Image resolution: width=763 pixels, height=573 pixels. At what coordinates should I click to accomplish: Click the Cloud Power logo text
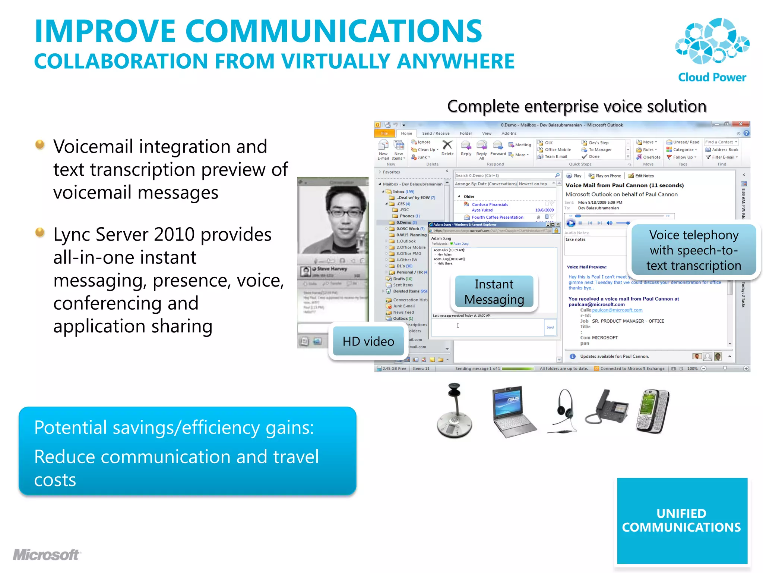point(712,77)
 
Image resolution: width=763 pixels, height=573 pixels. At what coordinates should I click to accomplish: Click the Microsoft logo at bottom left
point(46,555)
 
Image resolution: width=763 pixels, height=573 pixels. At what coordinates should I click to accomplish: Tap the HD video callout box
point(368,341)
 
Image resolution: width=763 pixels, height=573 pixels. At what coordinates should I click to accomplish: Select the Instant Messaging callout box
point(494,292)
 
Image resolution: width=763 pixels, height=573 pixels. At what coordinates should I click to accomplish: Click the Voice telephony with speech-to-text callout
point(694,250)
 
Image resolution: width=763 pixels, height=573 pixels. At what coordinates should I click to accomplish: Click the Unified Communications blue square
point(682,520)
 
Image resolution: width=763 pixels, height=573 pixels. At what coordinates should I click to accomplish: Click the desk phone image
point(607,410)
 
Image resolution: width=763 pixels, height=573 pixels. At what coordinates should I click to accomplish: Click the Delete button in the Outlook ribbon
point(447,148)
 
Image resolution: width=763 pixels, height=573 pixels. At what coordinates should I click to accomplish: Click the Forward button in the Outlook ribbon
point(498,148)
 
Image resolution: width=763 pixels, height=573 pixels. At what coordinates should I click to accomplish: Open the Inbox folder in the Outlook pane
point(399,192)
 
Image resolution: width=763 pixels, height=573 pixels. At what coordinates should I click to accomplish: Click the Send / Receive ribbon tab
point(436,134)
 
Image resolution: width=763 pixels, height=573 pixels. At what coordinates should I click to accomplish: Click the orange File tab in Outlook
point(384,134)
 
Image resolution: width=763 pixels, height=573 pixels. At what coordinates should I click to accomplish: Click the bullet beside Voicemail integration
point(40,144)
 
